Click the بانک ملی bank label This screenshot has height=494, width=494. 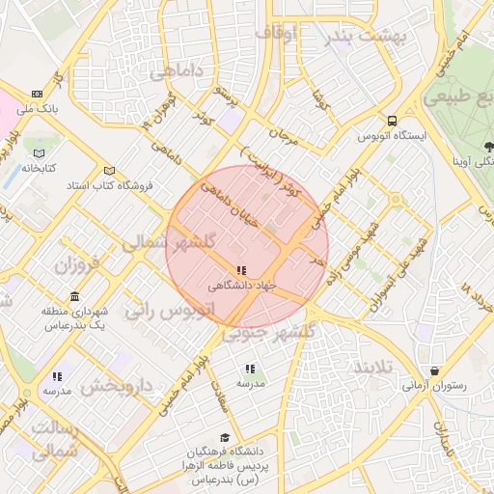tap(42, 110)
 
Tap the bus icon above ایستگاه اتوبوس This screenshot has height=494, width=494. tap(392, 121)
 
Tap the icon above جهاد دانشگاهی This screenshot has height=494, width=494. tap(240, 271)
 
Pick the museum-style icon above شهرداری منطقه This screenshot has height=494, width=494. tap(74, 296)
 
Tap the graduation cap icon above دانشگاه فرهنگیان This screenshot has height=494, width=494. tap(225, 437)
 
